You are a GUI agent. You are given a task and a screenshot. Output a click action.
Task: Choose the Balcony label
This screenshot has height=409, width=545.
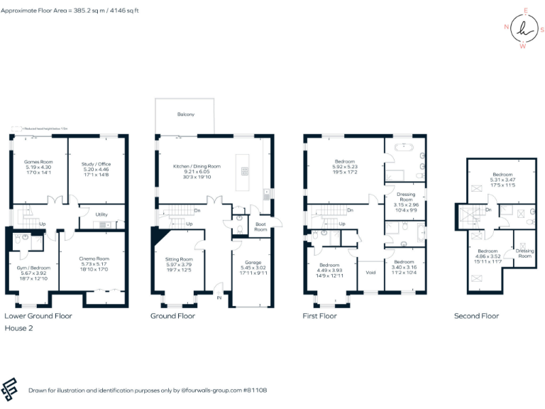pyautogui.click(x=185, y=114)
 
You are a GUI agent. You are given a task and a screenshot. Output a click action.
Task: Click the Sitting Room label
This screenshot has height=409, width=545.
pyautogui.click(x=178, y=260)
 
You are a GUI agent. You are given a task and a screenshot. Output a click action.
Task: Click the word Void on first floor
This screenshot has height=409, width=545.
pyautogui.click(x=370, y=272)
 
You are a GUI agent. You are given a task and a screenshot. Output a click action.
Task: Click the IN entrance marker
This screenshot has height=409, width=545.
pyautogui.click(x=219, y=298)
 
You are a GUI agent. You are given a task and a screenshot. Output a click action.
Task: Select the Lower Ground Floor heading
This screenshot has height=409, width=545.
pyautogui.click(x=38, y=316)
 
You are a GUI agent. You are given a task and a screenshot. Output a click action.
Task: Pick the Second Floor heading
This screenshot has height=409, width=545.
pyautogui.click(x=476, y=316)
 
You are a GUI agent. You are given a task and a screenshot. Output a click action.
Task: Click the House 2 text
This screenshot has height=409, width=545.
pyautogui.click(x=19, y=329)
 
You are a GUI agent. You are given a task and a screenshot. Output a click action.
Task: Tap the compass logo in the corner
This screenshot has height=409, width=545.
pyautogui.click(x=524, y=29)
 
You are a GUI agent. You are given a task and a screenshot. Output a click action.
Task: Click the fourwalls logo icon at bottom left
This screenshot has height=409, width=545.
pyautogui.click(x=11, y=388)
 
